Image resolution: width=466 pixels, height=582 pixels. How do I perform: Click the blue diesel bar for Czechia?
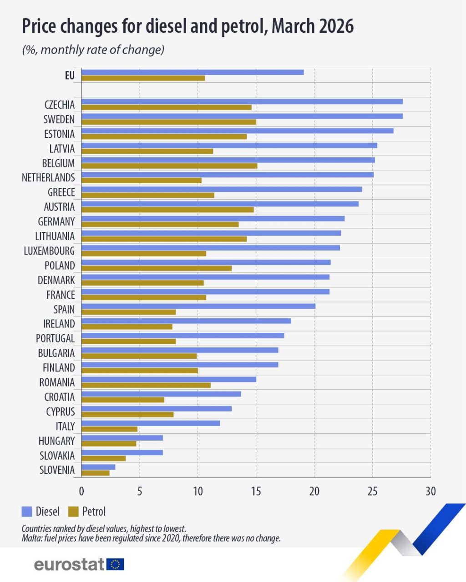(242, 101)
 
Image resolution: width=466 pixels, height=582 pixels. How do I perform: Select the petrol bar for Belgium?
(169, 166)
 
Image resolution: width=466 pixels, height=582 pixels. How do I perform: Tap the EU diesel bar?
(192, 72)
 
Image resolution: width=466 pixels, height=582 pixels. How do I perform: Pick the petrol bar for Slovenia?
(95, 473)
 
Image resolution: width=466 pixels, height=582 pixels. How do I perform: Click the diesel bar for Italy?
(150, 423)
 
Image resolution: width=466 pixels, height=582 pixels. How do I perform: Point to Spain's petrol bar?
(128, 312)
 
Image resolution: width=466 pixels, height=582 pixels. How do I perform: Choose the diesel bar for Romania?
(168, 379)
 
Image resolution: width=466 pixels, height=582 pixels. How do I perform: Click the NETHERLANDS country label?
(48, 178)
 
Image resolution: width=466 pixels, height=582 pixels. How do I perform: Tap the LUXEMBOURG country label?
(49, 251)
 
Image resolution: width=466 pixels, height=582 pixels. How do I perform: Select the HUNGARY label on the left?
(56, 441)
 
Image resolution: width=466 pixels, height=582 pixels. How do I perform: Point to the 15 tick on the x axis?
(256, 492)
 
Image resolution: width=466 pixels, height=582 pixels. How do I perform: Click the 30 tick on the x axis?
(430, 492)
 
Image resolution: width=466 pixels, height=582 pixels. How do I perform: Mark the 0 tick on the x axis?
(81, 492)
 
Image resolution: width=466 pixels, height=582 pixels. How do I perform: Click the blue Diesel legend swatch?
(27, 512)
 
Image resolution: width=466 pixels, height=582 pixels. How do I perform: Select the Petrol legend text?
(94, 512)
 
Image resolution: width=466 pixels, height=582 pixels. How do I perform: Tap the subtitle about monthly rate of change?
(93, 50)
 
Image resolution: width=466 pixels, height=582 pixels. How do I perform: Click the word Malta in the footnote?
(30, 538)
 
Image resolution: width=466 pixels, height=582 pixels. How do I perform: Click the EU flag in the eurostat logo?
(115, 565)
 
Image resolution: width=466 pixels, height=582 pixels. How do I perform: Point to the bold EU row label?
(70, 75)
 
